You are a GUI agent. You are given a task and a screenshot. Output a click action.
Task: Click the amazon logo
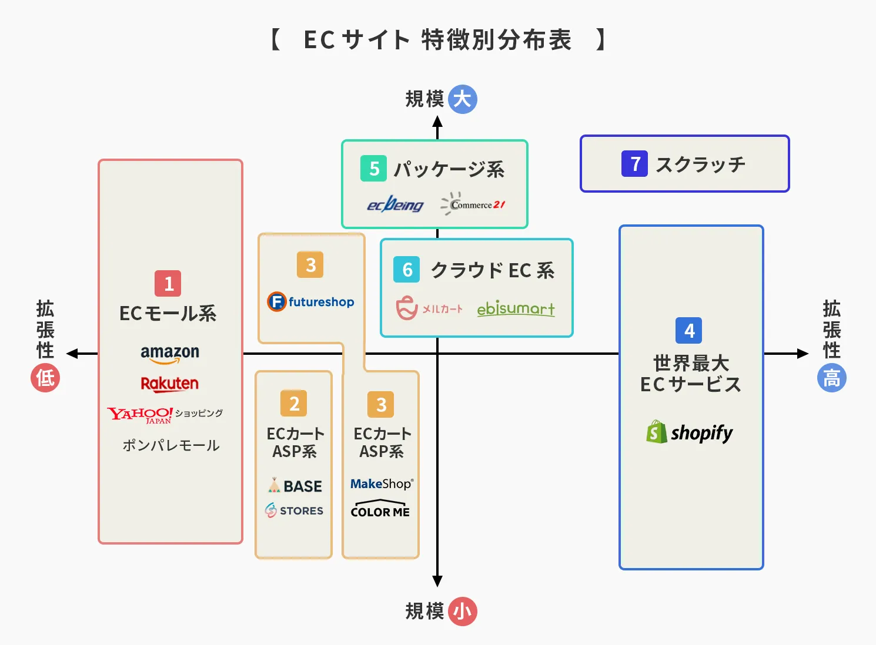(170, 353)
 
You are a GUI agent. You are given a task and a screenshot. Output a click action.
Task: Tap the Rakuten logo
(169, 384)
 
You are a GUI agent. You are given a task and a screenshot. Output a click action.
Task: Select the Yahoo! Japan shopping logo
(165, 415)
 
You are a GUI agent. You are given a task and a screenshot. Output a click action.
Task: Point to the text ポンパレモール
(170, 445)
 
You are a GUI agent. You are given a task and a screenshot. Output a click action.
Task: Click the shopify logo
(690, 432)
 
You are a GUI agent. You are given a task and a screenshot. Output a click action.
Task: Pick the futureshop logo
(310, 302)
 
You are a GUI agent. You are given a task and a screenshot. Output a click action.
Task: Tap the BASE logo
(295, 486)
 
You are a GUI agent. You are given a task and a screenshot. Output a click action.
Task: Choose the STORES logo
(294, 510)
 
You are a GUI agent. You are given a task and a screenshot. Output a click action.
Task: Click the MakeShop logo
(382, 484)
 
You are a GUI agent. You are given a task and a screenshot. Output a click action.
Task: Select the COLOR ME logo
(380, 509)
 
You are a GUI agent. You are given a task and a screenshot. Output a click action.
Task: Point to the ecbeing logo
(395, 204)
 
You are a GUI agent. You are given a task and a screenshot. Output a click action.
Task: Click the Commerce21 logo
(473, 204)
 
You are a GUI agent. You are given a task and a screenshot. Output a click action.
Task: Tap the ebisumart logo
(516, 308)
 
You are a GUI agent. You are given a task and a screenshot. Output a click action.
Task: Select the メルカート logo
(429, 308)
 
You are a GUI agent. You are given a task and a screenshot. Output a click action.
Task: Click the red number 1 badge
(168, 283)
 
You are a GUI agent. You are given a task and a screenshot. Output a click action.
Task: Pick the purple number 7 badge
(634, 164)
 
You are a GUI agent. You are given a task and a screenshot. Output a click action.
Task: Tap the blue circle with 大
(462, 99)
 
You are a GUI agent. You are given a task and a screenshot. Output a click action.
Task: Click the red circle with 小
(462, 612)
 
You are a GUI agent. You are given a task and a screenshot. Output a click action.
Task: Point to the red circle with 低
(45, 378)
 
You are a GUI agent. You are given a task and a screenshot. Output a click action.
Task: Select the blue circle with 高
(831, 378)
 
